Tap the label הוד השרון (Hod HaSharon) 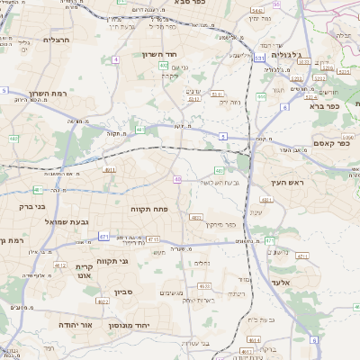tap(139, 55)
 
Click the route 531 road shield tap(258, 58)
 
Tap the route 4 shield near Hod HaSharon tap(116, 59)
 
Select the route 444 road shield tap(269, 240)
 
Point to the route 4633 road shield tap(204, 286)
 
